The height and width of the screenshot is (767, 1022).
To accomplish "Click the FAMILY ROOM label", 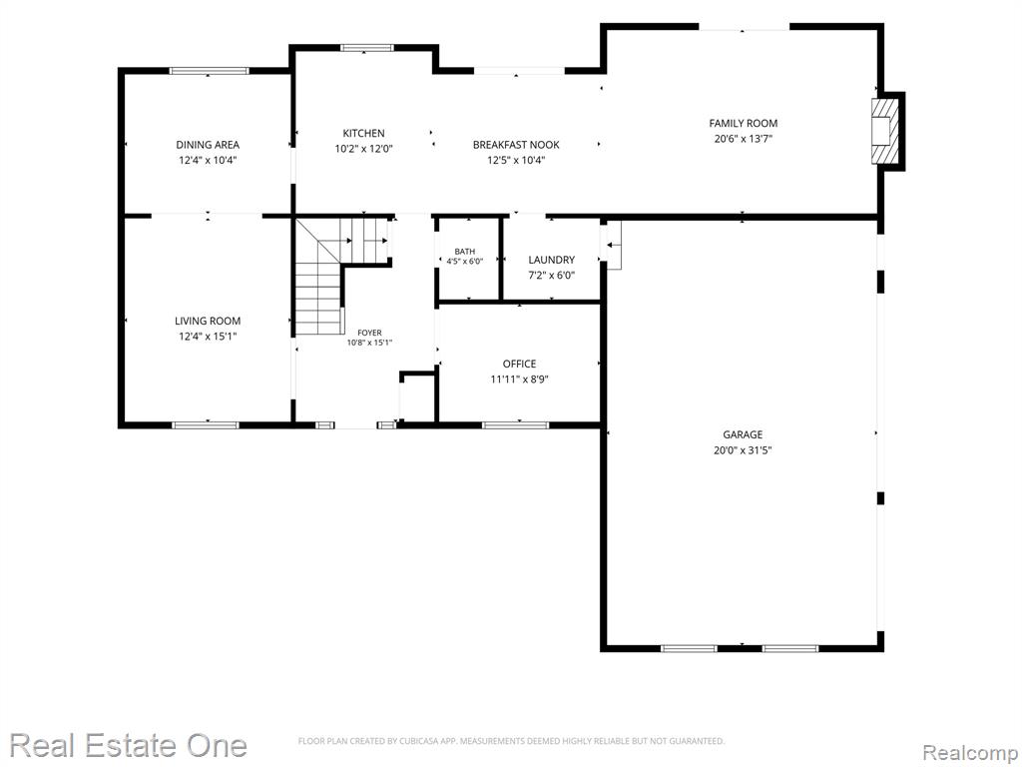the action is (x=743, y=123).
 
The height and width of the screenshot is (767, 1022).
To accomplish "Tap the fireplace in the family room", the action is (x=886, y=131).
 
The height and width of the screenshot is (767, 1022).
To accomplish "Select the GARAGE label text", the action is (x=743, y=434).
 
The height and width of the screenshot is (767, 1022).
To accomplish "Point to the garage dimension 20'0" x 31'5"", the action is (x=743, y=450).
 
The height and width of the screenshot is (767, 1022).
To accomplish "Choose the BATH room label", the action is (x=465, y=251).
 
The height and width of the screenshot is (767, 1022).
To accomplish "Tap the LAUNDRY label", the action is (x=551, y=260).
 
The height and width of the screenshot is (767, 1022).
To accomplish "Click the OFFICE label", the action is (x=519, y=364).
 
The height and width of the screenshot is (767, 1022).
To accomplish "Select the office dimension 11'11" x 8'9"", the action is (x=519, y=380).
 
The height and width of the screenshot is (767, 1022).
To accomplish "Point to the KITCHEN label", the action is (x=363, y=133).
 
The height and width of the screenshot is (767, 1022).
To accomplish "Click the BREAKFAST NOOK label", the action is (x=516, y=145).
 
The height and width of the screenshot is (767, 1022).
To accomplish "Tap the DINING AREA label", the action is (x=208, y=145).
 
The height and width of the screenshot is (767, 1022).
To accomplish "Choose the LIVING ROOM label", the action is (x=208, y=321).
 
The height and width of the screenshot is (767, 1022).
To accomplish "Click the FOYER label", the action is (x=369, y=333).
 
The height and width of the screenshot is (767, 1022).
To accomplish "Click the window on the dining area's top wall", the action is (x=209, y=71).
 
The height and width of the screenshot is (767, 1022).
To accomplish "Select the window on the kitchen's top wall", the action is (x=367, y=47).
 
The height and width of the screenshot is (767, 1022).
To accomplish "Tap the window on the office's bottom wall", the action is (x=516, y=425).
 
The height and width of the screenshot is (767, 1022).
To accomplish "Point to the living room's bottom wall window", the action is (x=206, y=425).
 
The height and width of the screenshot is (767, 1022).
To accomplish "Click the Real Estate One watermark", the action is (x=128, y=745).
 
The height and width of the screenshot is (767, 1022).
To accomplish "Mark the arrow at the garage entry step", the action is (x=614, y=245).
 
